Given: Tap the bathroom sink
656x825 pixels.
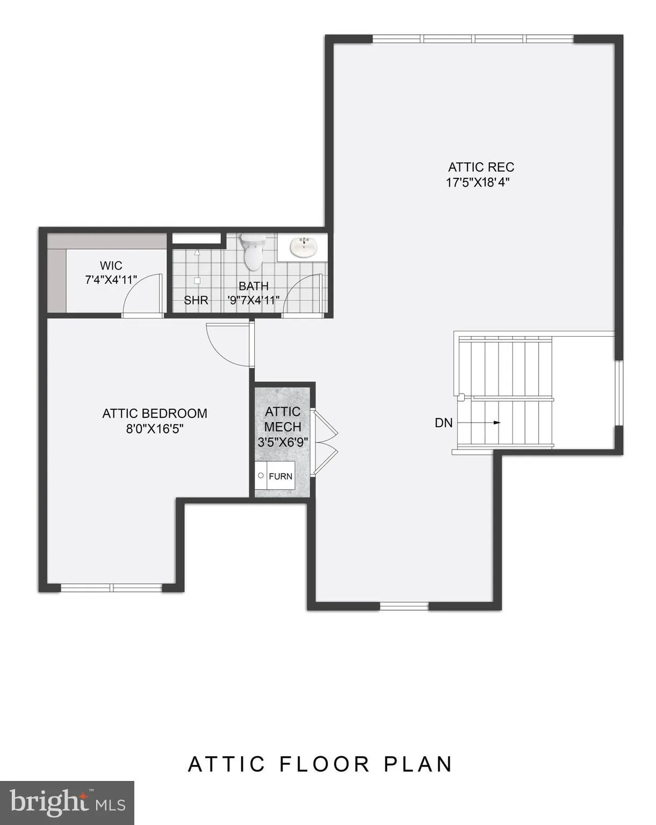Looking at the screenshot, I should point(304,247).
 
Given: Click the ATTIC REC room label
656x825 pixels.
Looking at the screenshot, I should point(481,167).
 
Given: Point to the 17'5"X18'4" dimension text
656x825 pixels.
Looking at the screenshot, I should point(477,182).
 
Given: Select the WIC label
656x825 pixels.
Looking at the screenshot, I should point(111,266).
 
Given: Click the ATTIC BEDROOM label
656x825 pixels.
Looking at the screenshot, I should point(155,414).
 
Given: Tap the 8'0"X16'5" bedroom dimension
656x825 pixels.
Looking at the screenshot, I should point(155,429).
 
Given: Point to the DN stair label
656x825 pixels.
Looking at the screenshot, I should point(443,423).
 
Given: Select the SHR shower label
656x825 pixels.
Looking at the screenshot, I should point(196,300).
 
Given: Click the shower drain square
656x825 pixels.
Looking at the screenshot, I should point(197,280).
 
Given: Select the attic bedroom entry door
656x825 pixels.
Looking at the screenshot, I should point(228,344).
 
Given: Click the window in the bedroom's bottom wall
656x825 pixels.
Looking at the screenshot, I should point(111,588).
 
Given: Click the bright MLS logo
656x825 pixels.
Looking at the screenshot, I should point(67,802).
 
